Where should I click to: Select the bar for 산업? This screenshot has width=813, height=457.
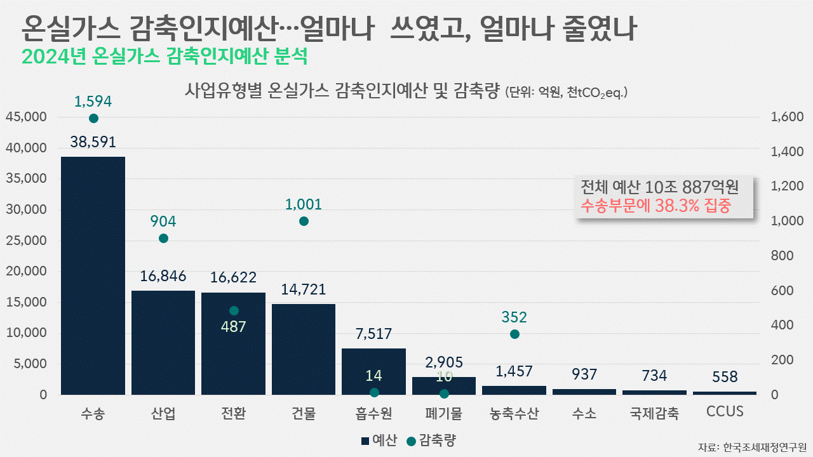tap(163, 343)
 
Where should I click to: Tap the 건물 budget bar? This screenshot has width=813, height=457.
tap(304, 349)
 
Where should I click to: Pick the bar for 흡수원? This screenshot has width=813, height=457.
tap(373, 371)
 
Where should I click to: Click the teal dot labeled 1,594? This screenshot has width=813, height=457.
tap(93, 118)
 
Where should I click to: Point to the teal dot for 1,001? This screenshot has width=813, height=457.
tap(304, 221)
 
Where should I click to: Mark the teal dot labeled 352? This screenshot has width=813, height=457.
tap(514, 334)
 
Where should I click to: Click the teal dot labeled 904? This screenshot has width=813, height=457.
tap(163, 238)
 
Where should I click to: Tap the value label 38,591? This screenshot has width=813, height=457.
tap(93, 142)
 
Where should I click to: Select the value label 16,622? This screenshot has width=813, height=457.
tap(233, 277)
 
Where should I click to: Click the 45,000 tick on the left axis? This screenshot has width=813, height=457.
tap(27, 117)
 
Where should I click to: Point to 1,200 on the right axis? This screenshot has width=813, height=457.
tap(787, 187)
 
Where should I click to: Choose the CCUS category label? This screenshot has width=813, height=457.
tap(725, 412)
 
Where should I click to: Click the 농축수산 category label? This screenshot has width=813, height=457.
tap(514, 414)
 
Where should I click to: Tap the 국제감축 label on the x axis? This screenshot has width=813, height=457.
tap(654, 414)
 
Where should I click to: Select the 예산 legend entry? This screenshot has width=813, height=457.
tap(379, 440)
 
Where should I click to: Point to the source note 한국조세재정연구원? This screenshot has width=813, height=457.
tap(764, 447)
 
